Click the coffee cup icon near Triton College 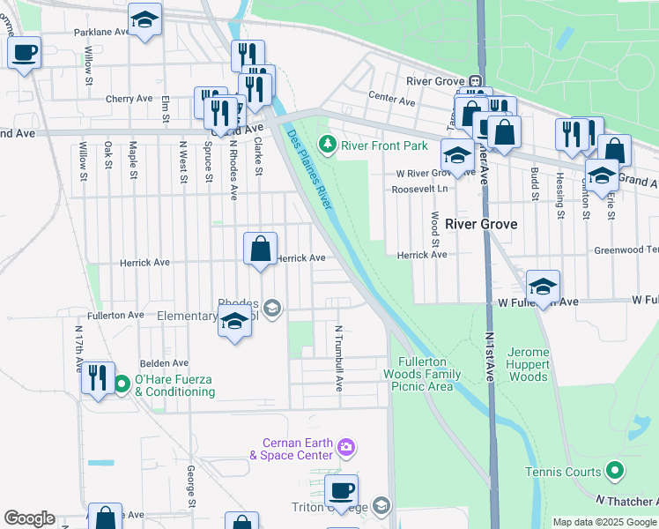[x=341, y=490]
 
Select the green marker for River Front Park [x=328, y=143]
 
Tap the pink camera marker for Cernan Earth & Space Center [x=346, y=448]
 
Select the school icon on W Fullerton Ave [x=544, y=287]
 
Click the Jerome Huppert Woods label [x=529, y=364]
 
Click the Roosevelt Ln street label [x=422, y=189]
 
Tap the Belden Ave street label [x=165, y=362]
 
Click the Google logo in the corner [x=29, y=518]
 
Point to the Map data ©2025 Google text [x=604, y=522]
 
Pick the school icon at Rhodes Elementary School [x=235, y=323]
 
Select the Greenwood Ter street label [x=626, y=250]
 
